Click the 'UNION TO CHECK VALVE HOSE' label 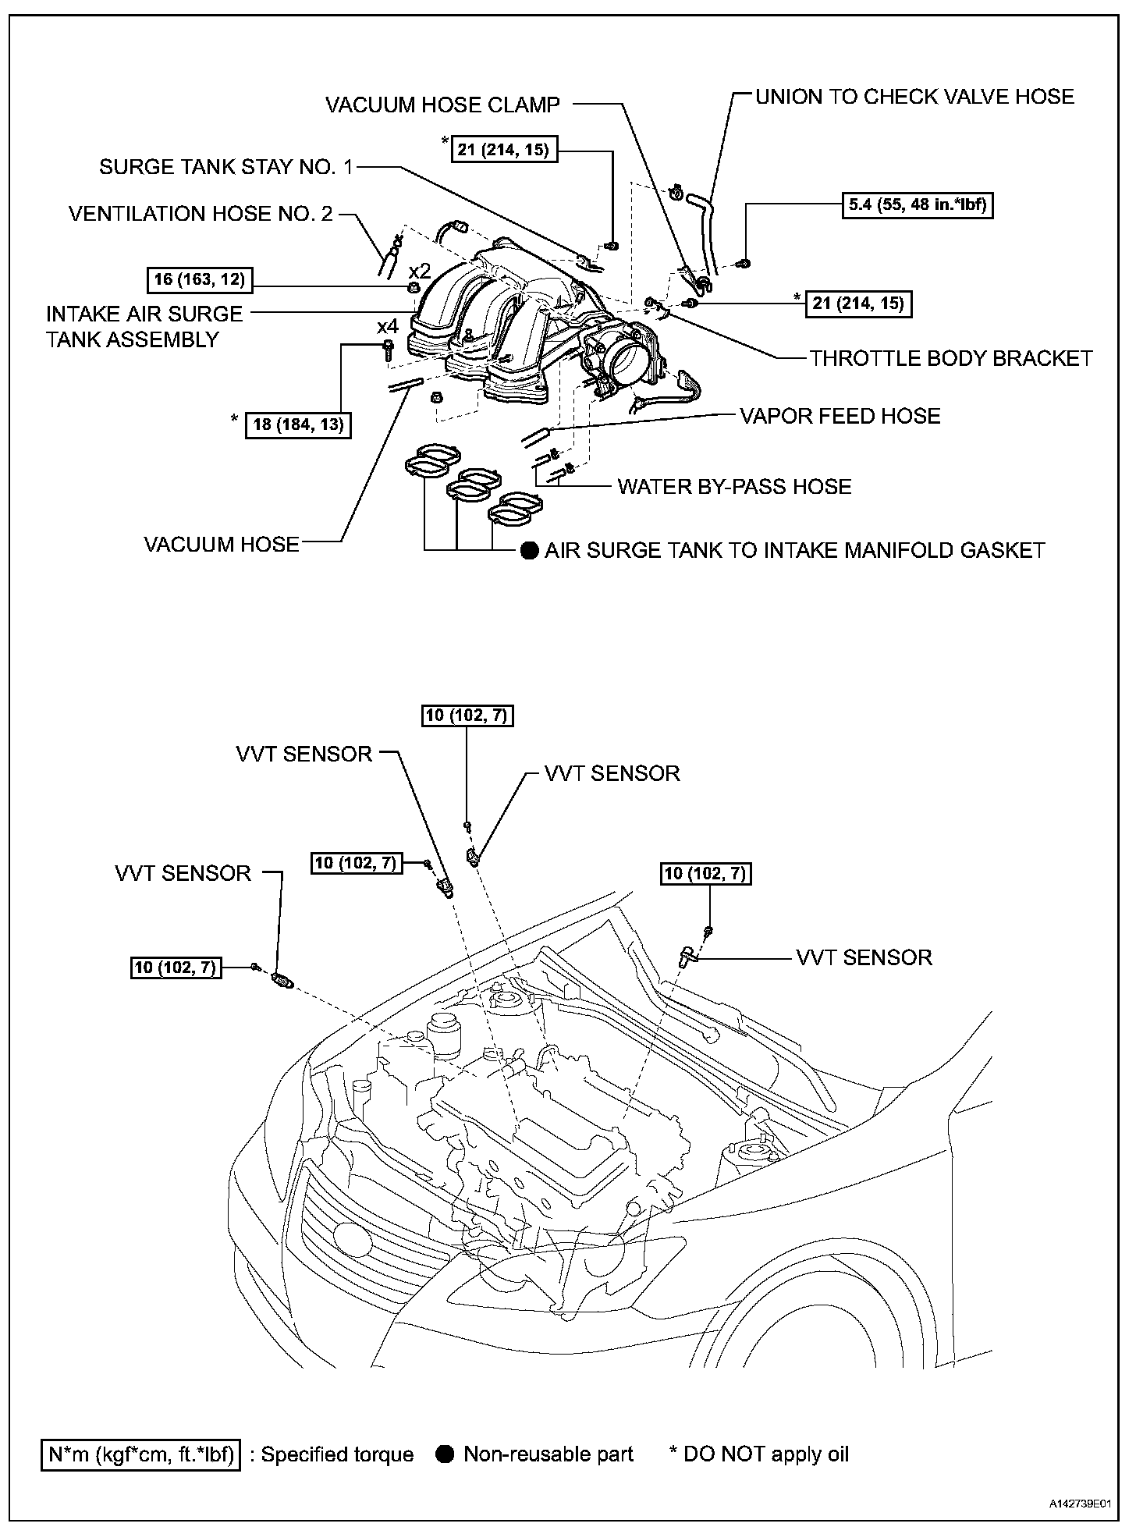coord(914,97)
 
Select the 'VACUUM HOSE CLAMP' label coord(442,105)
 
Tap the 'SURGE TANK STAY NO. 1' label coord(226,166)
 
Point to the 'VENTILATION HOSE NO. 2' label coord(201,213)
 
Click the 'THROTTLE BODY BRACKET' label coord(951,358)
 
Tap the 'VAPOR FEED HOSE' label coord(840,416)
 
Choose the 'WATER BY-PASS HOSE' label coord(734,487)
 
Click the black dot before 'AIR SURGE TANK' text coord(530,551)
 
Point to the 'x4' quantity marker coord(387,326)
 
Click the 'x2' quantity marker coord(420,271)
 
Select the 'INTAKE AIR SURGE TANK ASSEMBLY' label coord(144,327)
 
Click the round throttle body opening coord(629,360)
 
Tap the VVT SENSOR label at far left coord(183,873)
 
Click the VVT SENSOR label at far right coord(864,957)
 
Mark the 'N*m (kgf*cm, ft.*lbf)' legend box coord(141,1454)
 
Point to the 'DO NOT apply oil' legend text coord(765,1454)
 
